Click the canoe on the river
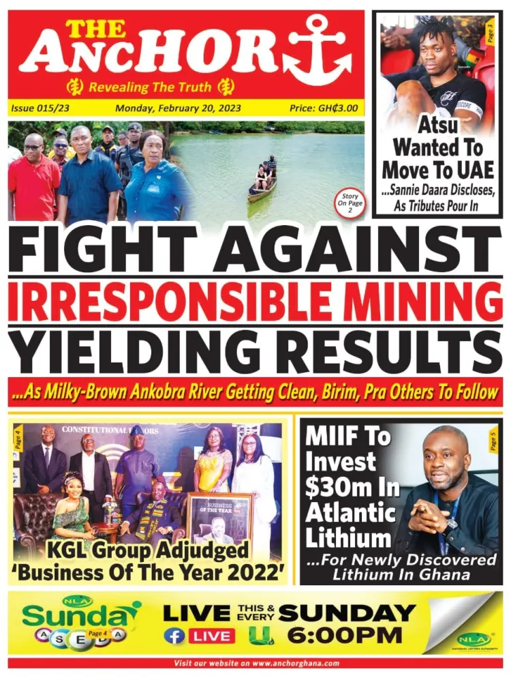click(x=262, y=185)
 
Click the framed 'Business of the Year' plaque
click(x=219, y=521)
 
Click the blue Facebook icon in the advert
click(x=174, y=636)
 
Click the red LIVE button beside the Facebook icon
click(x=211, y=636)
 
